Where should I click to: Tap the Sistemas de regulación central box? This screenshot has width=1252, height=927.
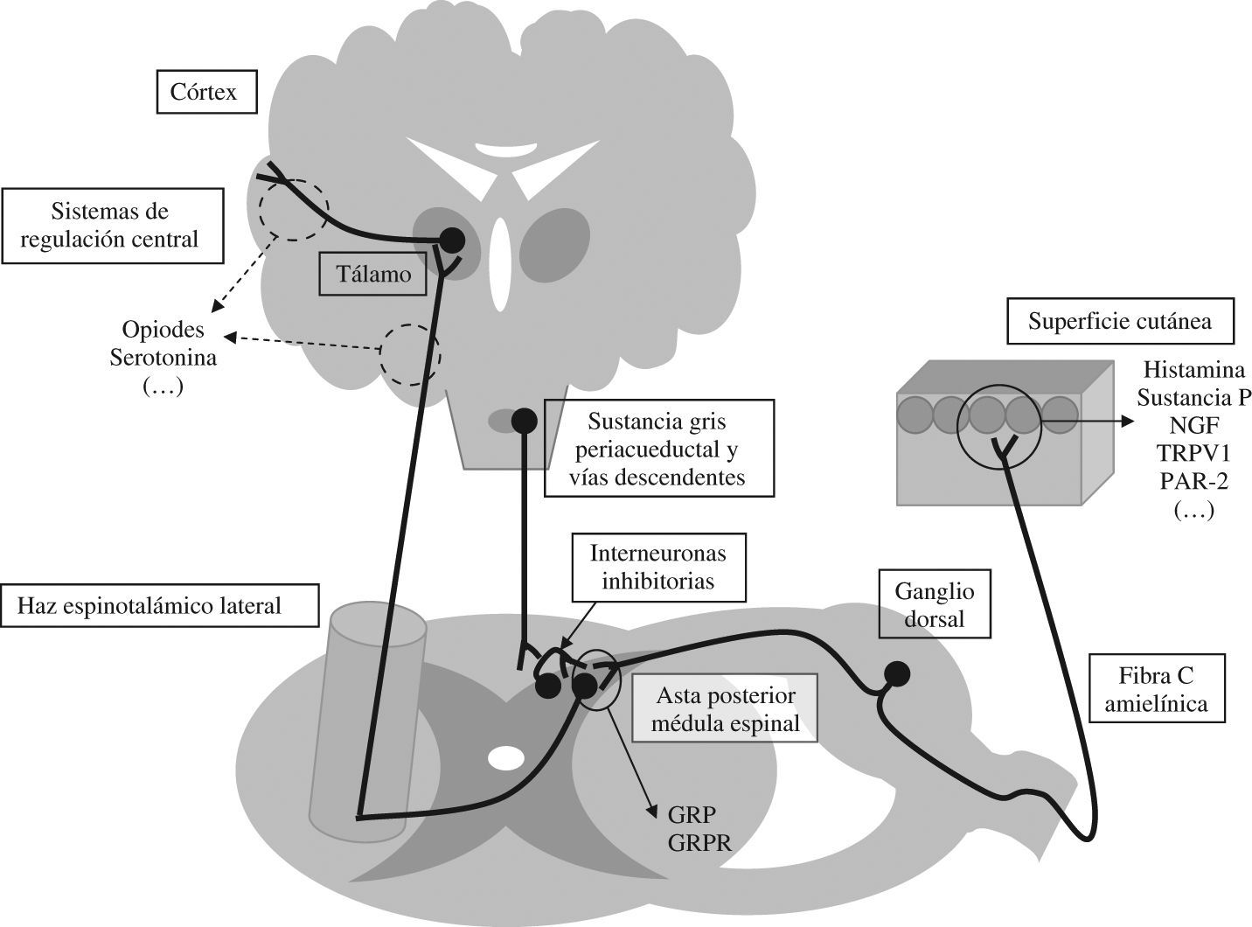tap(109, 225)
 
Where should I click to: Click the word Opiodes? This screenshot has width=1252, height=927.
tap(163, 331)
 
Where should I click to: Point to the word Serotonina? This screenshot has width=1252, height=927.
tap(163, 359)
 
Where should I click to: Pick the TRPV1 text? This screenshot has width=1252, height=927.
tap(1193, 453)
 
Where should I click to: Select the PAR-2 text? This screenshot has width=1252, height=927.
tap(1193, 481)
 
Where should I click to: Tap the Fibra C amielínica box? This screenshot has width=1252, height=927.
tap(1156, 688)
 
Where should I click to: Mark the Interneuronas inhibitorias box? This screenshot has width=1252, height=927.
tap(657, 567)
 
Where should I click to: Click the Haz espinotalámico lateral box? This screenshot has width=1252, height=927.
tap(160, 605)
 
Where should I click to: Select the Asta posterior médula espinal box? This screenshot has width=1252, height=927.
tap(726, 708)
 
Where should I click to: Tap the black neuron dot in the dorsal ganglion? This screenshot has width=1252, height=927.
tap(896, 673)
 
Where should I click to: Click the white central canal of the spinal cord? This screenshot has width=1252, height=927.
tap(504, 757)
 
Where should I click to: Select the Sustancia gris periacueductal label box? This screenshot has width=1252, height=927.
tap(658, 449)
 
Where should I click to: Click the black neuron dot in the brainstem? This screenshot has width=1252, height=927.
tap(523, 421)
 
